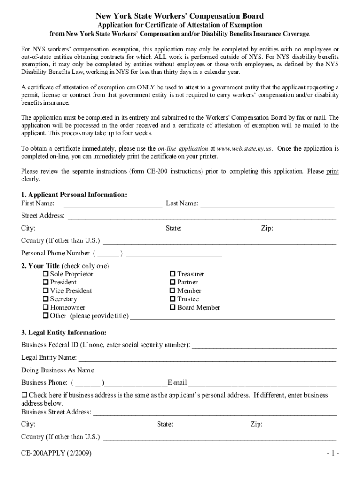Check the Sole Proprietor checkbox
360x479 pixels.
point(46,274)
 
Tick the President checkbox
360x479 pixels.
point(46,282)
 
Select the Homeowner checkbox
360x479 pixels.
point(46,307)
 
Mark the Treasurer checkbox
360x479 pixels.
point(173,274)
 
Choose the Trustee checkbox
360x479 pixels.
point(173,299)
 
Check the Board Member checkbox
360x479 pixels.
point(173,307)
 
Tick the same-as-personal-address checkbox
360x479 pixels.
point(25,395)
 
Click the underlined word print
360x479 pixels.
point(332,171)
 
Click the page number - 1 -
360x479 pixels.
point(332,454)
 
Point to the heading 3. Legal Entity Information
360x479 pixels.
point(64,333)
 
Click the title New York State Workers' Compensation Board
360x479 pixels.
point(180,16)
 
